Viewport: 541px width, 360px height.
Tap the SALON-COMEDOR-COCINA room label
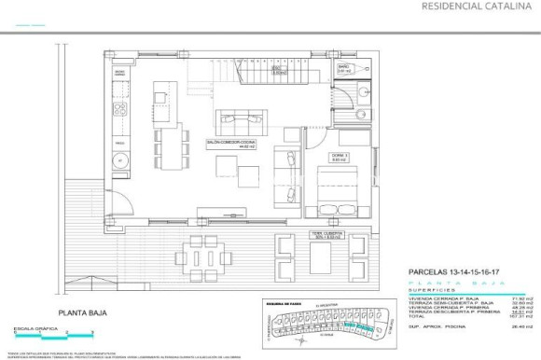(x=231, y=143)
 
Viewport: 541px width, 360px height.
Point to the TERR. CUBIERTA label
(x=327, y=235)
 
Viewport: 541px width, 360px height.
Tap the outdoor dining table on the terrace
(x=208, y=254)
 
